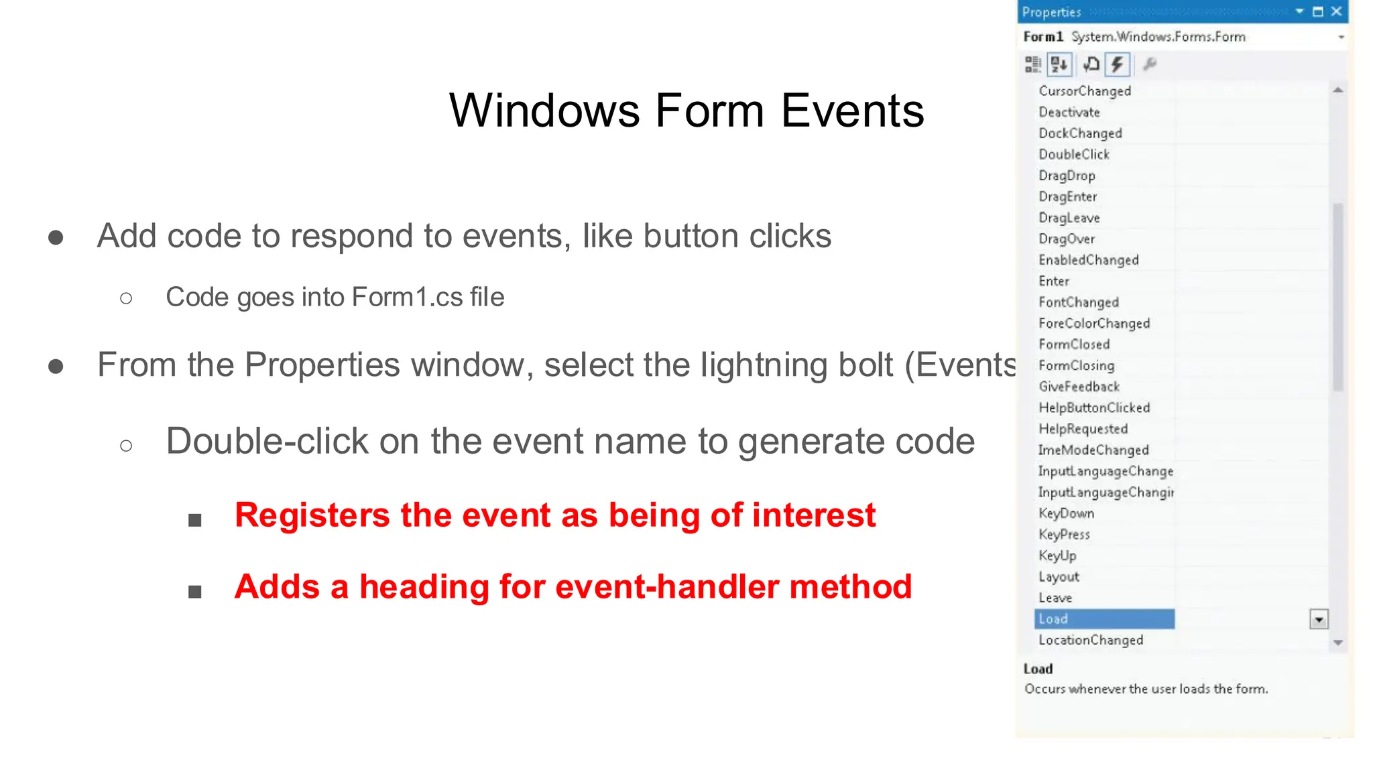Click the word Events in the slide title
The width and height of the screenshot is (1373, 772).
pos(852,111)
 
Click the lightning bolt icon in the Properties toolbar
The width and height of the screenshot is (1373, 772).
pos(1117,64)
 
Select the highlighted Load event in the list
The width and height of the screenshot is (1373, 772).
pos(1103,619)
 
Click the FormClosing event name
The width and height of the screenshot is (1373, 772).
pos(1076,366)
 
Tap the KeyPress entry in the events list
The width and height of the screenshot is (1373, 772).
pos(1064,535)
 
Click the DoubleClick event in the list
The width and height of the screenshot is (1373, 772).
pos(1074,155)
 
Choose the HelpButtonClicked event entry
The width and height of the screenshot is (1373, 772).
pos(1094,408)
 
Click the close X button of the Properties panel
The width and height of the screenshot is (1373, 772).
pos(1336,11)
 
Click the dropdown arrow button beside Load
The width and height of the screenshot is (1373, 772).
pos(1318,620)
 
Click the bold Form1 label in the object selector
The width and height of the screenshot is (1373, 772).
pos(1043,37)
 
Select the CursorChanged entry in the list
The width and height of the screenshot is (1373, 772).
pos(1085,91)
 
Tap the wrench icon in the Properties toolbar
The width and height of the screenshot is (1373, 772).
pos(1149,64)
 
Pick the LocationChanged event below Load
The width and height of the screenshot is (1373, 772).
pos(1091,641)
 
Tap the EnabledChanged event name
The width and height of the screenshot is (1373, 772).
pos(1089,260)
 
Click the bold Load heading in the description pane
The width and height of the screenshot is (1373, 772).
pos(1038,669)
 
